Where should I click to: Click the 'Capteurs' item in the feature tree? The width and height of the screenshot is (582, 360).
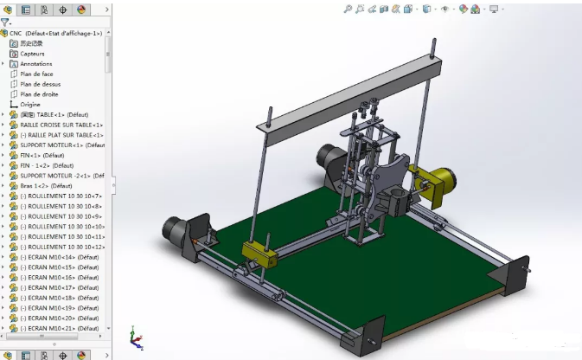tap(32, 54)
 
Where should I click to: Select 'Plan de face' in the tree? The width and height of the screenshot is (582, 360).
tap(36, 74)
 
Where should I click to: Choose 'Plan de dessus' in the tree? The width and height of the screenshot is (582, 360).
tap(40, 84)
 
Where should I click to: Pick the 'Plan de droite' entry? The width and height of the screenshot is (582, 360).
tap(39, 94)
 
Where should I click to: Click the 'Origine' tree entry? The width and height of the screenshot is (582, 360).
tap(30, 105)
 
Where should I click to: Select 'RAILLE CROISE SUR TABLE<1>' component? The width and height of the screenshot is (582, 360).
tap(61, 125)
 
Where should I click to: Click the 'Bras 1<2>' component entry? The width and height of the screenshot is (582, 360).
tap(48, 186)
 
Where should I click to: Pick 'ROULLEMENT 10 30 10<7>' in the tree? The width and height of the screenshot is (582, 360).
tap(65, 196)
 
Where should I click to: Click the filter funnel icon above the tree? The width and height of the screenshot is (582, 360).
tap(6, 22)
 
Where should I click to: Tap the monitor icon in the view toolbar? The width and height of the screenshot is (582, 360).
tap(494, 9)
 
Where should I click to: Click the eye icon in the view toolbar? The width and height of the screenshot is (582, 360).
tap(445, 9)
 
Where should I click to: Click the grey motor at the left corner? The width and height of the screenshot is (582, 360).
tap(176, 231)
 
